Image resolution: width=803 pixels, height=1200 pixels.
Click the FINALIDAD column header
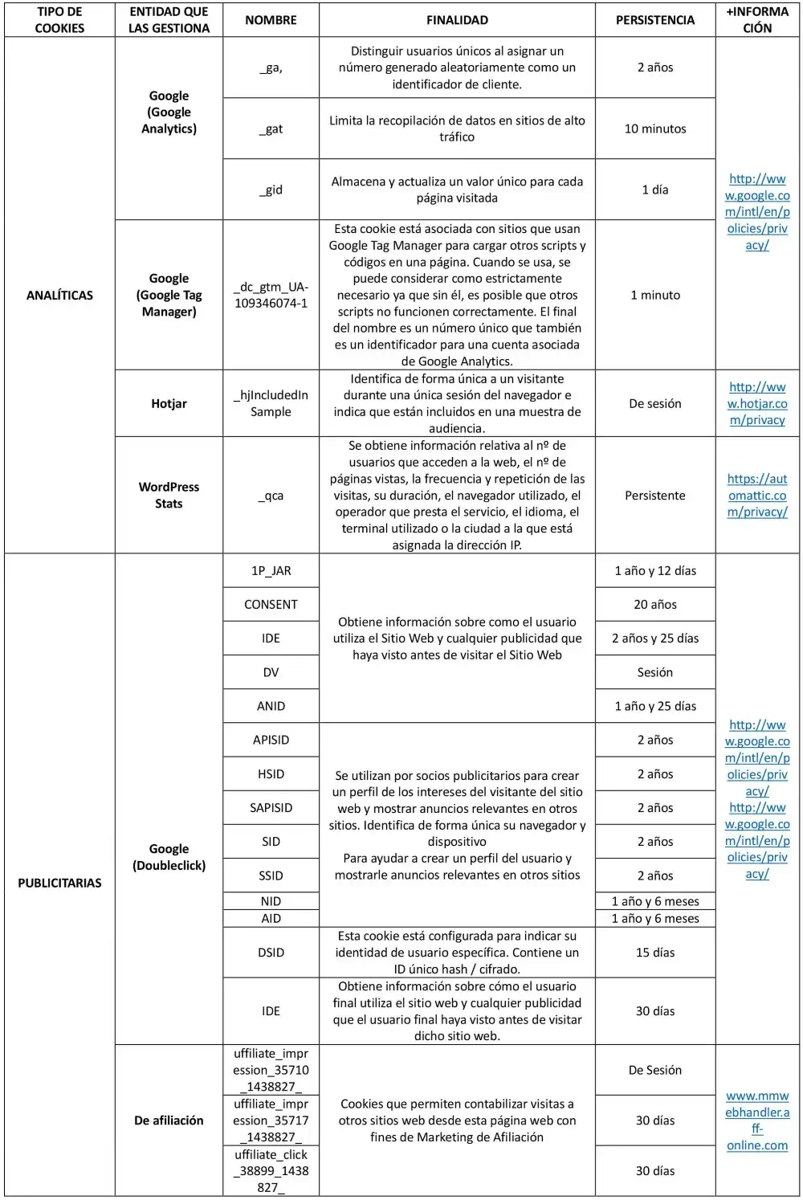(x=457, y=20)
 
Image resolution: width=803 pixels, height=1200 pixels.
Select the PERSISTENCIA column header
(x=654, y=20)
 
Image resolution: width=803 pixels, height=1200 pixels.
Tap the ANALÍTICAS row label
(x=59, y=295)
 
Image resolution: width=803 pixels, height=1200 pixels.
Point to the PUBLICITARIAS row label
(x=59, y=883)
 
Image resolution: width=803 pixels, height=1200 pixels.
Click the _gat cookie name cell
(x=271, y=129)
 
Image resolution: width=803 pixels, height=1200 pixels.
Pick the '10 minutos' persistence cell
(x=654, y=129)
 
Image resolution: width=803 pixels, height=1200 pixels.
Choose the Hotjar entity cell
(x=169, y=403)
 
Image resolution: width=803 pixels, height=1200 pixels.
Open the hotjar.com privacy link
(x=757, y=403)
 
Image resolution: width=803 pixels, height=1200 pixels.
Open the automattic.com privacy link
(x=757, y=495)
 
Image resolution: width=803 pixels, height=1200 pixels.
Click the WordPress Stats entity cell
(x=169, y=495)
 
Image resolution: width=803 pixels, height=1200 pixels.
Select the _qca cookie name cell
(x=271, y=496)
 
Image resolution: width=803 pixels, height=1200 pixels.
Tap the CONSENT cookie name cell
(x=271, y=605)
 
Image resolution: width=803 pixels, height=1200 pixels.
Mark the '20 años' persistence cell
(x=654, y=605)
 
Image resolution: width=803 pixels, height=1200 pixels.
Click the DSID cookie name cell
(x=271, y=953)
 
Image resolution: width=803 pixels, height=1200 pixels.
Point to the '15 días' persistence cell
(x=654, y=953)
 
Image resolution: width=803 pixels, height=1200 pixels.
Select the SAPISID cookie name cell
(x=271, y=808)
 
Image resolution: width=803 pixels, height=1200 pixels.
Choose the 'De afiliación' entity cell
(x=169, y=1120)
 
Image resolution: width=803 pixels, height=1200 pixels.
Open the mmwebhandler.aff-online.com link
(x=757, y=1120)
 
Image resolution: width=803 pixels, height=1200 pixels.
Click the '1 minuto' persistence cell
(x=654, y=295)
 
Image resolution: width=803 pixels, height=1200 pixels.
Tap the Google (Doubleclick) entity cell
(x=169, y=857)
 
